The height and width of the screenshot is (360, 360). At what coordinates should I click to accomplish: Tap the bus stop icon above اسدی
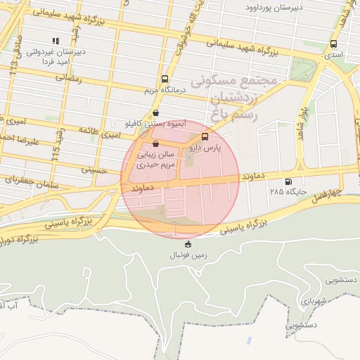point(333,44)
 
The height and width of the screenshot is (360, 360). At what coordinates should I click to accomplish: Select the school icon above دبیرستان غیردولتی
point(56,41)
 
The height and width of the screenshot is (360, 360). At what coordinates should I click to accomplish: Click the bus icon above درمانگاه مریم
point(165,79)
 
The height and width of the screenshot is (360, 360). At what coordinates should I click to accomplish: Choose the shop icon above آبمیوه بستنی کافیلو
point(155,112)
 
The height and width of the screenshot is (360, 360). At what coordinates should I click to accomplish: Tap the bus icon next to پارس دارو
point(205,136)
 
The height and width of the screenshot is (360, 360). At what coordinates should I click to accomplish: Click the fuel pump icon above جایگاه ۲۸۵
point(288,181)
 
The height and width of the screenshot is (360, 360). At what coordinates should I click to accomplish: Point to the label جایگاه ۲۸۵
point(284,191)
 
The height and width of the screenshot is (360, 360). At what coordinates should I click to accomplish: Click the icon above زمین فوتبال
point(188,245)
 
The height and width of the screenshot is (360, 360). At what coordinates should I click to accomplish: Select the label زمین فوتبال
point(187,255)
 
